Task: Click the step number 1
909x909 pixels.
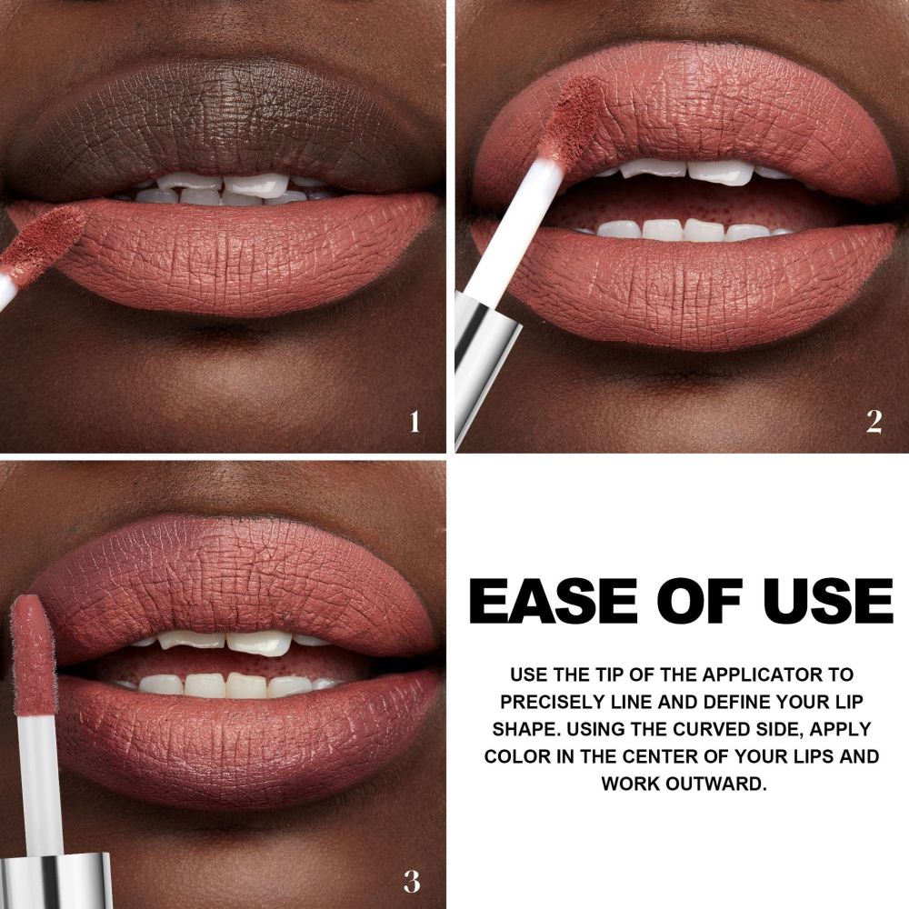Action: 414,422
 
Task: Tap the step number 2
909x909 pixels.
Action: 874,422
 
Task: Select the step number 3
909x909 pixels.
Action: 412,882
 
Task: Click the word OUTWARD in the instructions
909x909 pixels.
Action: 716,784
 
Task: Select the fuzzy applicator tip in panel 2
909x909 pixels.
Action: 572,116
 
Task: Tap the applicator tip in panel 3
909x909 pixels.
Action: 34,655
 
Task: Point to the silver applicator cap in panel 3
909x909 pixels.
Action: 55,881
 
